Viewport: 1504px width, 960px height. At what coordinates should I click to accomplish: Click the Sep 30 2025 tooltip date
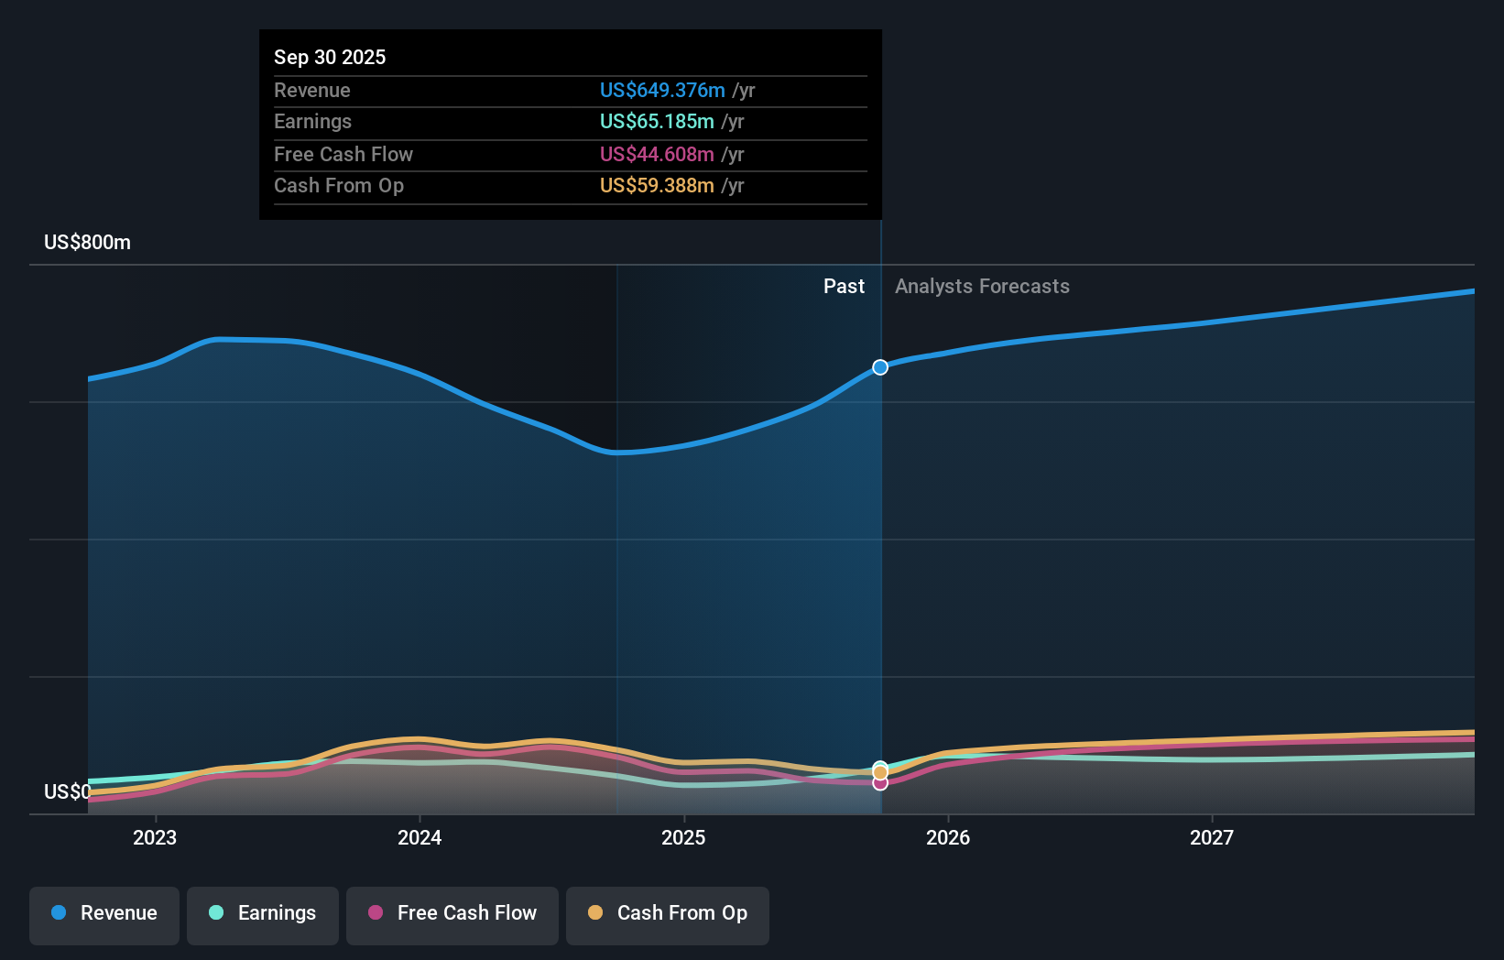tap(330, 57)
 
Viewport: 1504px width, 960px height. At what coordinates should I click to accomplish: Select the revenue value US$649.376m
tap(661, 90)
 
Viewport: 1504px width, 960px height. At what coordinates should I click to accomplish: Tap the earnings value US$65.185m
tap(656, 121)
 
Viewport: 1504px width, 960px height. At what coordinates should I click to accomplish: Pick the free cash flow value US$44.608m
tap(656, 154)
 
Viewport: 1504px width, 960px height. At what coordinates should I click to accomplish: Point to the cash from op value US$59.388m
tap(656, 185)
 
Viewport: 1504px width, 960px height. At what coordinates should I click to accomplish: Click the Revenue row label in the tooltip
tap(311, 90)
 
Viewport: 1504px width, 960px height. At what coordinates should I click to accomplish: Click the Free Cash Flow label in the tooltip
tap(343, 154)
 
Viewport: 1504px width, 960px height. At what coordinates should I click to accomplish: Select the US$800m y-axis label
tap(87, 242)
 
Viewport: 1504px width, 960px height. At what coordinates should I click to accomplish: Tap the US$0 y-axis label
tap(67, 791)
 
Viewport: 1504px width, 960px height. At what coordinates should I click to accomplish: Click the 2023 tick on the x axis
tap(155, 837)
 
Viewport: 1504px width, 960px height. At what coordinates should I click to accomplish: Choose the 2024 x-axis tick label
tap(420, 837)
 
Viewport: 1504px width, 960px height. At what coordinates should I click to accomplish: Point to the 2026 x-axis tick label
tap(948, 837)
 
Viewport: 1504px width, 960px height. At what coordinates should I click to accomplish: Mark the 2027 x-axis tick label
tap(1211, 837)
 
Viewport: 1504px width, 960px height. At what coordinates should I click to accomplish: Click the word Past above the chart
tap(844, 286)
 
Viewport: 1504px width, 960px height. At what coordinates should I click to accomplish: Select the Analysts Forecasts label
tap(982, 286)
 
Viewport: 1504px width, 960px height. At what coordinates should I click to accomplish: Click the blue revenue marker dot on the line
tap(880, 367)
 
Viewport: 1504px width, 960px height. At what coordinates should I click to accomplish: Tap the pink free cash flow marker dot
tap(880, 783)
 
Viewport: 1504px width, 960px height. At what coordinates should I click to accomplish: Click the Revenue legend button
tap(104, 913)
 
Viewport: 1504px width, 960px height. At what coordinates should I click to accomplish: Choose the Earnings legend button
tap(263, 913)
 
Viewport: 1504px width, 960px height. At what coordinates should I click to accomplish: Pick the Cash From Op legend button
tap(668, 913)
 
